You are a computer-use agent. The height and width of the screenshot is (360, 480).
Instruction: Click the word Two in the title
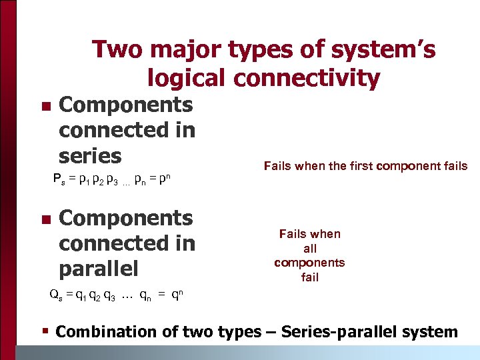[x=115, y=49]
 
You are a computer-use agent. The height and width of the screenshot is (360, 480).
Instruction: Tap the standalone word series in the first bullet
[x=90, y=156]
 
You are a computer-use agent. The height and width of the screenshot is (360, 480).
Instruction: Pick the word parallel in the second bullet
[x=99, y=269]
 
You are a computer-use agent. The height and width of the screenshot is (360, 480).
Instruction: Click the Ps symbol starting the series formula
[x=59, y=180]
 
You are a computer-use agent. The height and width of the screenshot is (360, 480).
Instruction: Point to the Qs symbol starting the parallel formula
[x=57, y=293]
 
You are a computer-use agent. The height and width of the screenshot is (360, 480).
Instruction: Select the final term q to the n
[x=179, y=293]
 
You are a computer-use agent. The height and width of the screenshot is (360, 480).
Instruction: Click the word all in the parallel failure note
[x=309, y=248]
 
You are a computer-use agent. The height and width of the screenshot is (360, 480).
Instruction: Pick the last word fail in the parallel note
[x=309, y=277]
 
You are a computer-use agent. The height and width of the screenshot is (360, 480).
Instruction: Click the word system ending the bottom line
[x=432, y=332]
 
